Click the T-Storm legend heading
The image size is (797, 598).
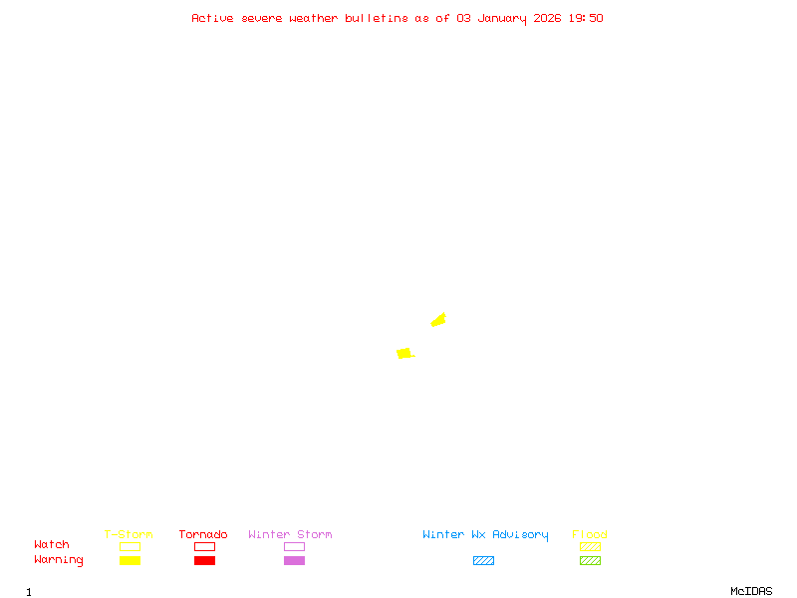pyautogui.click(x=129, y=535)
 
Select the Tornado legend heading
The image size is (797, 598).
pyautogui.click(x=203, y=535)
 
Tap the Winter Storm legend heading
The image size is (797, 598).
pyautogui.click(x=290, y=535)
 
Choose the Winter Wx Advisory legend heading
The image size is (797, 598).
pyautogui.click(x=485, y=535)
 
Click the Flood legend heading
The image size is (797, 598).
pyautogui.click(x=590, y=535)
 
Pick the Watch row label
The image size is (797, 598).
pyautogui.click(x=52, y=545)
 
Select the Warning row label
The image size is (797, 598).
pyautogui.click(x=59, y=560)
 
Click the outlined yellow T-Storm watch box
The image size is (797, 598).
pyautogui.click(x=130, y=546)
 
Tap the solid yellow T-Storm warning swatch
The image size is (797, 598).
pyautogui.click(x=130, y=560)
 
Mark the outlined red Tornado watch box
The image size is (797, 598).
pyautogui.click(x=204, y=546)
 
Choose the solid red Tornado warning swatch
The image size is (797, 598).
pyautogui.click(x=204, y=560)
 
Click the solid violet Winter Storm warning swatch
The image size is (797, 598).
pyautogui.click(x=294, y=560)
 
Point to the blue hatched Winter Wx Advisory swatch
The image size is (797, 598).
pyautogui.click(x=483, y=560)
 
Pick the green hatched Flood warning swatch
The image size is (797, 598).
pyautogui.click(x=590, y=560)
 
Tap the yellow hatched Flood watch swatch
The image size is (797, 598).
pyautogui.click(x=590, y=546)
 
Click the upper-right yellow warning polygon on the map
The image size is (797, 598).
pyautogui.click(x=438, y=320)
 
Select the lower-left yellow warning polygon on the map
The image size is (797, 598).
pyautogui.click(x=403, y=353)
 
